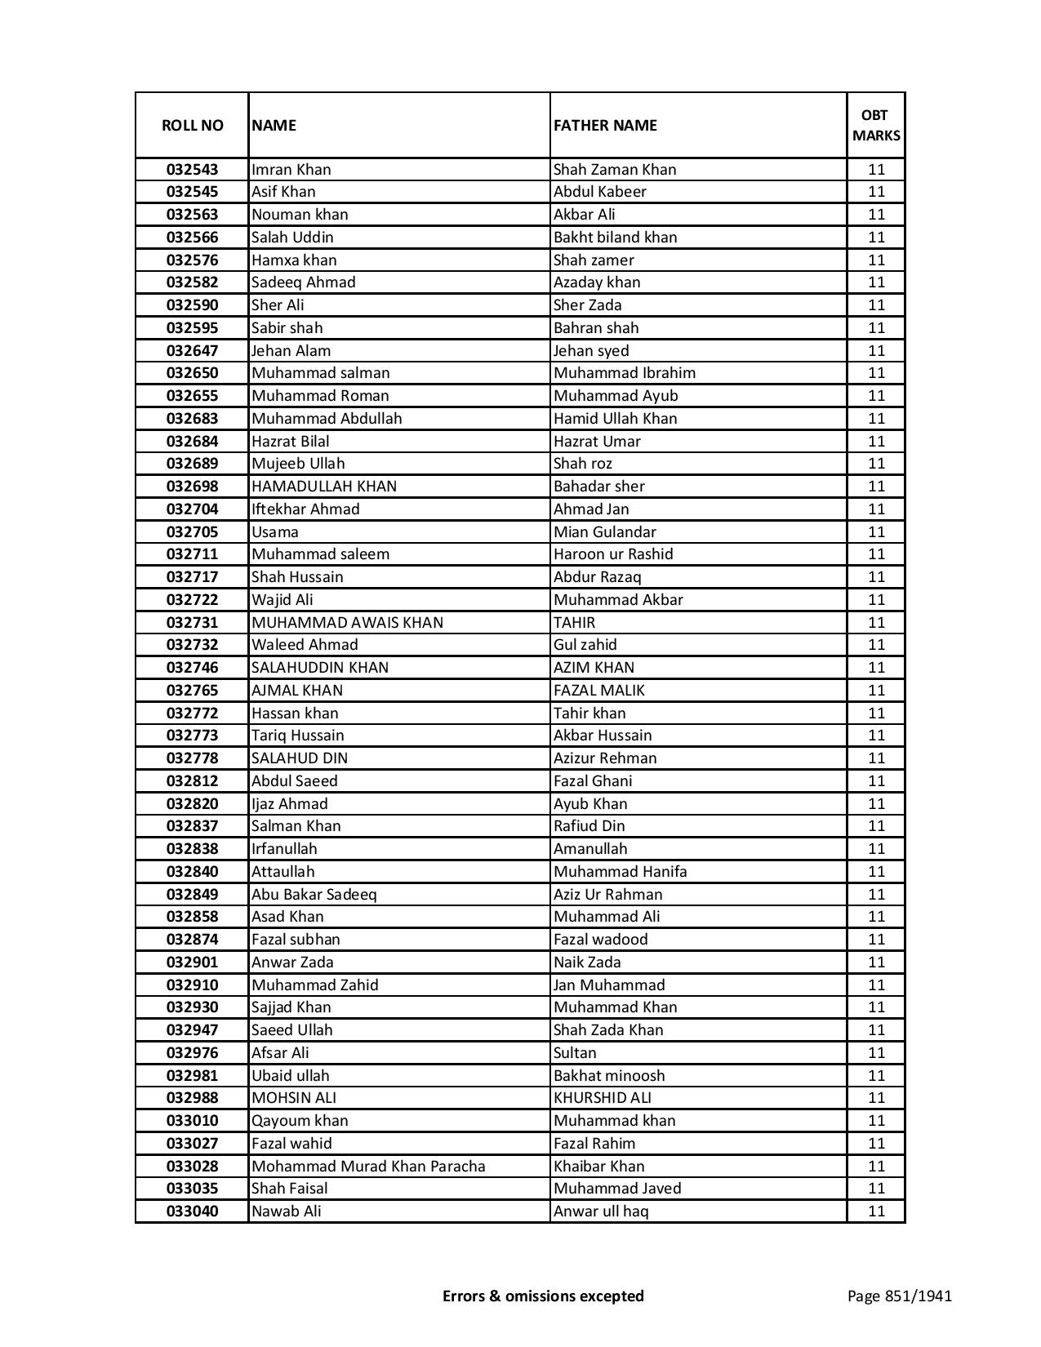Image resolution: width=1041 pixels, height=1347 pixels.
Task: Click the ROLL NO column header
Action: pyautogui.click(x=192, y=126)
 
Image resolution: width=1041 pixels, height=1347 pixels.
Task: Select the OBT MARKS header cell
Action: pyautogui.click(x=876, y=125)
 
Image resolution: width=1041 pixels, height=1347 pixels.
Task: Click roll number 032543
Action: pyautogui.click(x=192, y=170)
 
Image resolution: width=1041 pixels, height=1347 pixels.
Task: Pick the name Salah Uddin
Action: pyautogui.click(x=292, y=238)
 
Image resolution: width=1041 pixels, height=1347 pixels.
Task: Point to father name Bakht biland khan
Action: pyautogui.click(x=615, y=238)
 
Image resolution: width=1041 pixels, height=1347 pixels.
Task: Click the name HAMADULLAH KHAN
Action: pyautogui.click(x=324, y=487)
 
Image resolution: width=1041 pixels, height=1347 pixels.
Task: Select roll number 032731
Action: pyautogui.click(x=192, y=622)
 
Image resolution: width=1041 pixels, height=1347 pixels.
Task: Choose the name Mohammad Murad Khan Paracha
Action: pyautogui.click(x=368, y=1166)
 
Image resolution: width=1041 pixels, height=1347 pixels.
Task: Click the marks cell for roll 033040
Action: pyautogui.click(x=876, y=1211)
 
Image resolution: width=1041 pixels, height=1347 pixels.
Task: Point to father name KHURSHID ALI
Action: pyautogui.click(x=602, y=1098)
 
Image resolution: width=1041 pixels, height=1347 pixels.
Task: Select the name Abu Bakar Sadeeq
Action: pyautogui.click(x=314, y=894)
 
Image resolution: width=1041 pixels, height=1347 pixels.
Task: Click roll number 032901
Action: pyautogui.click(x=192, y=962)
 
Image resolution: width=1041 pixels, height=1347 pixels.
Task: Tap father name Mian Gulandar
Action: pyautogui.click(x=604, y=532)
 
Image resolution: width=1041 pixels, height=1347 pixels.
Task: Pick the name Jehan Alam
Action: pyautogui.click(x=291, y=351)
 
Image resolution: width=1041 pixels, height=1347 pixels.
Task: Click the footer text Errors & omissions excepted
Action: pyautogui.click(x=543, y=1296)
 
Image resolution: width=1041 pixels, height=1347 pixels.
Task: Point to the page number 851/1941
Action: pyautogui.click(x=899, y=1296)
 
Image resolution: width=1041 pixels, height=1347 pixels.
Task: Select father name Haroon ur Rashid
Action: pyautogui.click(x=613, y=554)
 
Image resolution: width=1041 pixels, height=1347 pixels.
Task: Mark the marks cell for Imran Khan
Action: pyautogui.click(x=876, y=170)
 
